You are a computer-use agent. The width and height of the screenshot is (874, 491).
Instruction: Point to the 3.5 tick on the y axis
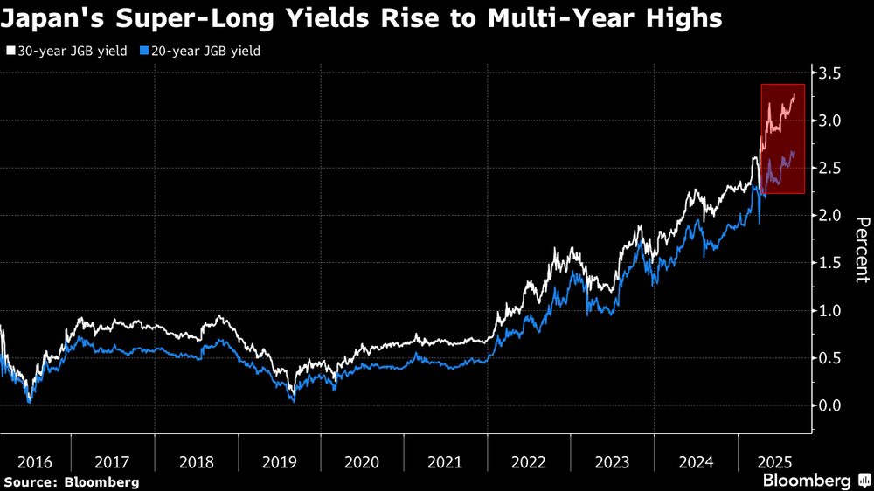[833, 73]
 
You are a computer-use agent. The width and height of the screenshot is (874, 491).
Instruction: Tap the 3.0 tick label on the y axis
[833, 121]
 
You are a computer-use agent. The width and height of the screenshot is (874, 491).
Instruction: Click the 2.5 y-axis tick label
[833, 168]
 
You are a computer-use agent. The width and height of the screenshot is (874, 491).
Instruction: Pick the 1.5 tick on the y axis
[833, 263]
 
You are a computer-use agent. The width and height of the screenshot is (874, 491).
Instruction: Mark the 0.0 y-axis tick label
[833, 405]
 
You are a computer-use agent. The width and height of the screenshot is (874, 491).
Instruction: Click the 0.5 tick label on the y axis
[833, 358]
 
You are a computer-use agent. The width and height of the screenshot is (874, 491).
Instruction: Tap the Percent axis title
[862, 249]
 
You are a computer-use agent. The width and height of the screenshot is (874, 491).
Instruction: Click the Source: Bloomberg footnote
[71, 481]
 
